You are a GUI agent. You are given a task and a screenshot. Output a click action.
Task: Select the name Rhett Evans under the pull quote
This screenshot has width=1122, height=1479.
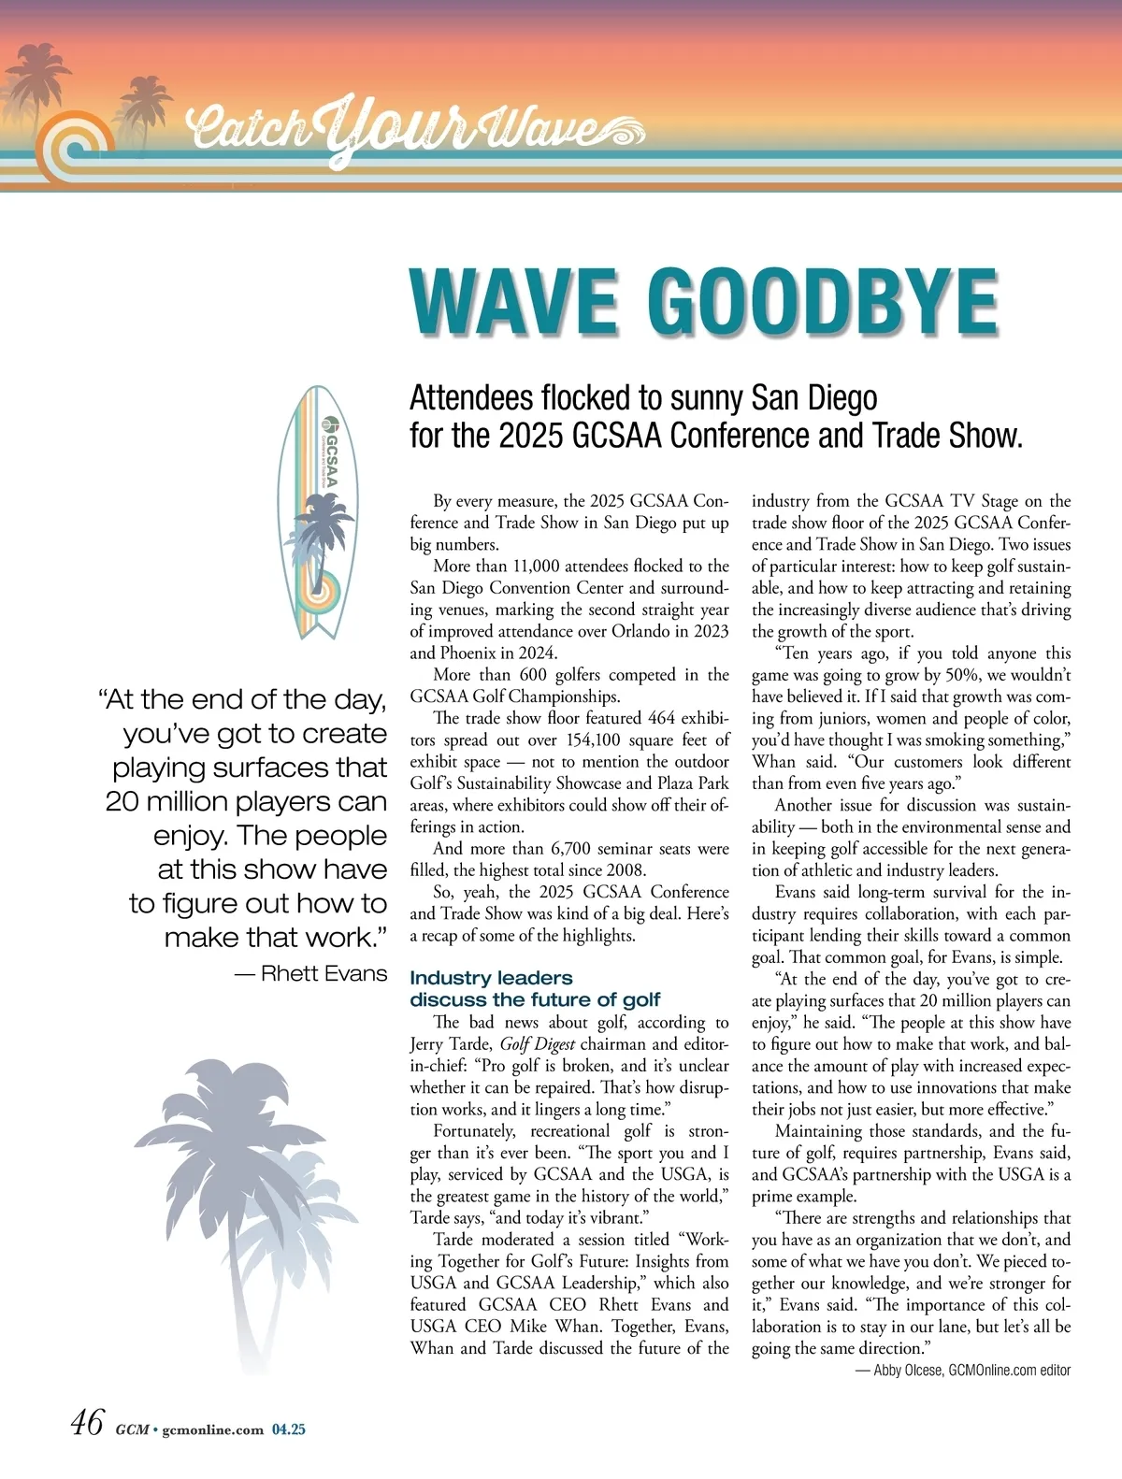click(324, 973)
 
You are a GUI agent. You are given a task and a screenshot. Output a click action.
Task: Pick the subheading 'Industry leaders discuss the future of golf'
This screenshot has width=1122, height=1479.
click(535, 988)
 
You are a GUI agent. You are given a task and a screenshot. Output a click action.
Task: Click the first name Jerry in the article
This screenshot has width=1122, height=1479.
click(431, 1044)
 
